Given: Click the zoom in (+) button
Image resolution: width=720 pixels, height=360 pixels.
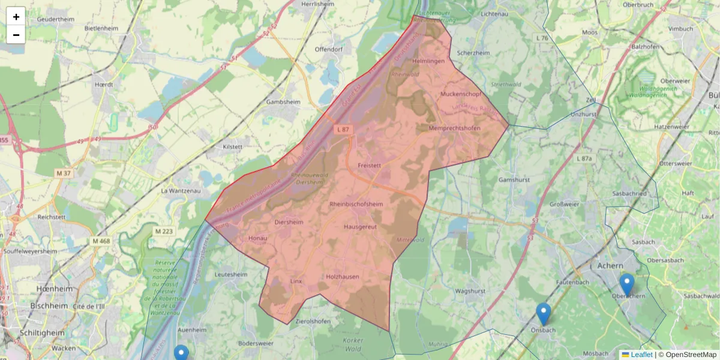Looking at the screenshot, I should tap(16, 16).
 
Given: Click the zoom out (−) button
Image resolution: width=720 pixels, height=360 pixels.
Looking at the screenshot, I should tap(16, 34).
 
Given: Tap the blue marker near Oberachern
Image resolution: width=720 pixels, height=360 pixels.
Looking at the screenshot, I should tap(626, 284).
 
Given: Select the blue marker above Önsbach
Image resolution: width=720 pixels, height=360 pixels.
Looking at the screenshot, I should tap(544, 313).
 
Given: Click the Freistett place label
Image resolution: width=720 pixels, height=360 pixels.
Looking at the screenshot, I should tap(370, 165).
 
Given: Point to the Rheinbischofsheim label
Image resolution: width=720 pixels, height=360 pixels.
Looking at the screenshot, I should tap(356, 204).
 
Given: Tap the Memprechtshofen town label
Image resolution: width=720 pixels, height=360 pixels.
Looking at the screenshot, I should tap(455, 128).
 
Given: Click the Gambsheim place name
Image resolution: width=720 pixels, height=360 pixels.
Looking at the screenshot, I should tap(283, 102).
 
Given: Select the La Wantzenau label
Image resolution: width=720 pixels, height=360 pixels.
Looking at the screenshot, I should tap(179, 191).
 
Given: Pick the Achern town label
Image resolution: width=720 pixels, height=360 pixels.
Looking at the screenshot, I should tap(611, 265).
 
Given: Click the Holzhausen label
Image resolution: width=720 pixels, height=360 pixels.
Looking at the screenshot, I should tap(343, 277).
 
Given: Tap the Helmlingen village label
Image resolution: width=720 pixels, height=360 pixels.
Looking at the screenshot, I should tap(428, 62).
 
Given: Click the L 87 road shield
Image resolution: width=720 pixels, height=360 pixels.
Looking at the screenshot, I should tap(343, 129).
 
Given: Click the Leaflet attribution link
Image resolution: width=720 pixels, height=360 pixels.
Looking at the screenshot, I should tap(641, 355).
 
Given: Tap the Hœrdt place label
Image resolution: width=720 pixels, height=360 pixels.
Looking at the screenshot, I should tap(104, 85).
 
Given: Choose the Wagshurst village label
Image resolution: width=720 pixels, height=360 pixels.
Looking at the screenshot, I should tap(470, 291).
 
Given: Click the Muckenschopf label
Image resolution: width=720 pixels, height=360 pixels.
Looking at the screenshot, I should tap(461, 94).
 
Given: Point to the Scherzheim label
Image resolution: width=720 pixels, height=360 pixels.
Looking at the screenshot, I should tap(473, 53).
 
